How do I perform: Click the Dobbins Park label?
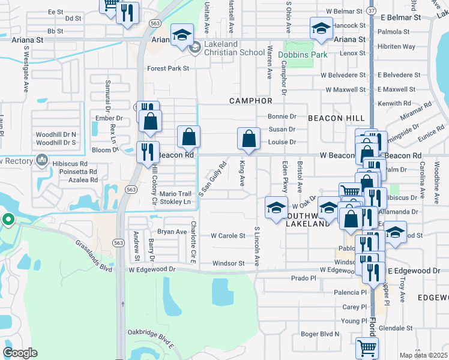pos(303,55)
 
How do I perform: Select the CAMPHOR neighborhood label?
pos(251,101)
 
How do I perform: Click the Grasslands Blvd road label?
pos(94,256)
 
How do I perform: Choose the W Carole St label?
pos(228,236)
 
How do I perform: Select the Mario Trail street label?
pos(175,194)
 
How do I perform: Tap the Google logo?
pos(20,353)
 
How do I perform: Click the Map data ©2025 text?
pos(423,355)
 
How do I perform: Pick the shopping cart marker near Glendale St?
pos(367,347)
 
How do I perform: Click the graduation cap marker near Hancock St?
pos(321,28)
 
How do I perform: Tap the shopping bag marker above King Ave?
pos(249,139)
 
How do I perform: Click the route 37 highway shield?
pos(372,11)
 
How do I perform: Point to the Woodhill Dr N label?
pos(56,134)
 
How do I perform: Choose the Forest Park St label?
pos(168,69)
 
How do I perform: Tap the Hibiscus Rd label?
pos(71,163)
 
